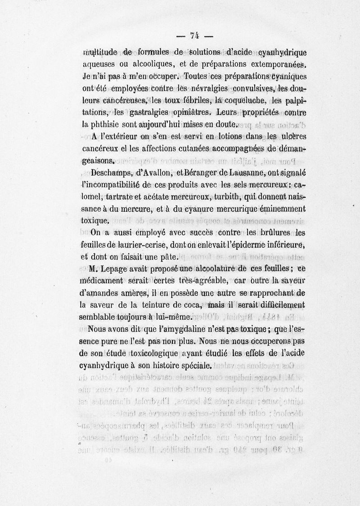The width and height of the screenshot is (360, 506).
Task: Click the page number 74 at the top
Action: tap(195, 36)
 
